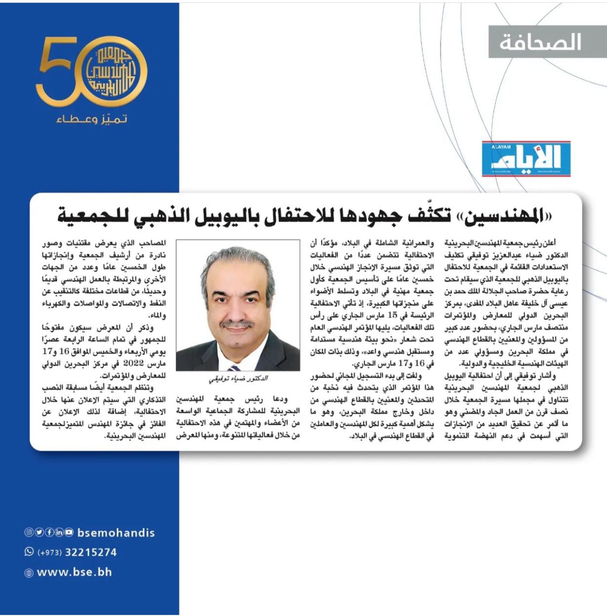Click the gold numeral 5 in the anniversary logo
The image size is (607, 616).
pyautogui.click(x=57, y=71)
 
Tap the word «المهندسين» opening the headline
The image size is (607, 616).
pyautogui.click(x=509, y=216)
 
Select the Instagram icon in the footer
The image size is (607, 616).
pyautogui.click(x=29, y=533)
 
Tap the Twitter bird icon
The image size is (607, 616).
pyautogui.click(x=39, y=533)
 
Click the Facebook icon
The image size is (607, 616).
pyautogui.click(x=49, y=533)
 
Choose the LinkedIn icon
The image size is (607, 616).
pyautogui.click(x=59, y=533)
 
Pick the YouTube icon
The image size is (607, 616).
pyautogui.click(x=69, y=533)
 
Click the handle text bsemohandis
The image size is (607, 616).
pyautogui.click(x=116, y=533)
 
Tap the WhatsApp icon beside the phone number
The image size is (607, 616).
pyautogui.click(x=29, y=552)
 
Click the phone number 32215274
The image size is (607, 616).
pyautogui.click(x=91, y=552)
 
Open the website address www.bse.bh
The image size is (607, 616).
pyautogui.click(x=74, y=572)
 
